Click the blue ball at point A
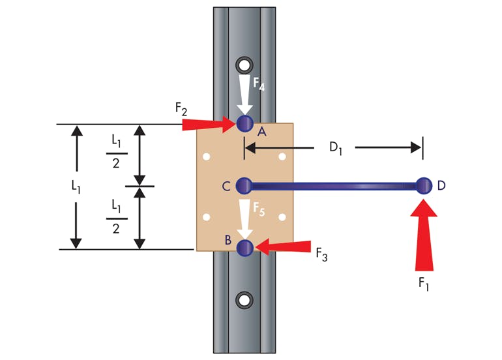[x=244, y=123]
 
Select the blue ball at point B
[x=245, y=248]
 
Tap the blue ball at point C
[x=244, y=186]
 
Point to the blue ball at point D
[x=424, y=186]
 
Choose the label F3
[x=321, y=255]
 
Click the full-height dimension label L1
[x=76, y=186]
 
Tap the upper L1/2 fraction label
[x=115, y=153]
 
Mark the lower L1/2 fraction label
[x=115, y=217]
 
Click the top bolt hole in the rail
[x=244, y=65]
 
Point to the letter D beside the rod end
[x=442, y=186]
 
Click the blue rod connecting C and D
[x=332, y=186]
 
